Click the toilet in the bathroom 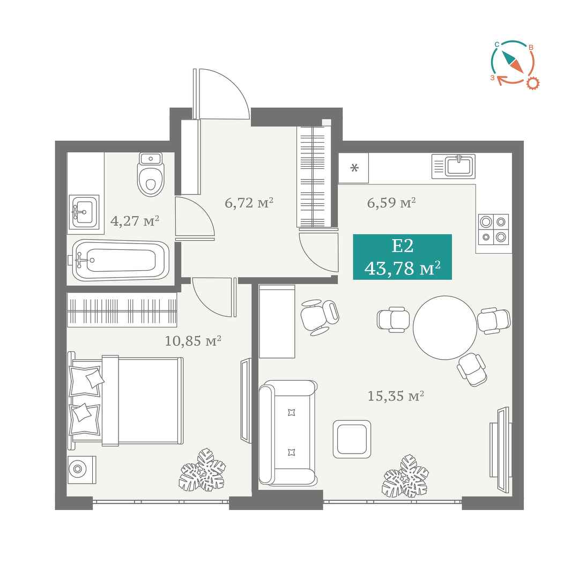151,174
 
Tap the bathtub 121,261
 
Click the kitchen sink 454,166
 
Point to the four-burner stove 493,229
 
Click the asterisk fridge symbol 354,168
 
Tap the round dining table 445,328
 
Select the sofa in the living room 288,433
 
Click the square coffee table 352,439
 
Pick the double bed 125,402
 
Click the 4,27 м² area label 135,221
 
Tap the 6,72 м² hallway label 249,203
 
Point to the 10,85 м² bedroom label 193,340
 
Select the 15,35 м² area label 396,396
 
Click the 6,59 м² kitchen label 391,203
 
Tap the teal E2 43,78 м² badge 403,257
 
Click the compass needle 512,61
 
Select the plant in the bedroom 202,470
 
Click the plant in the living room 405,476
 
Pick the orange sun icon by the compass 532,83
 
